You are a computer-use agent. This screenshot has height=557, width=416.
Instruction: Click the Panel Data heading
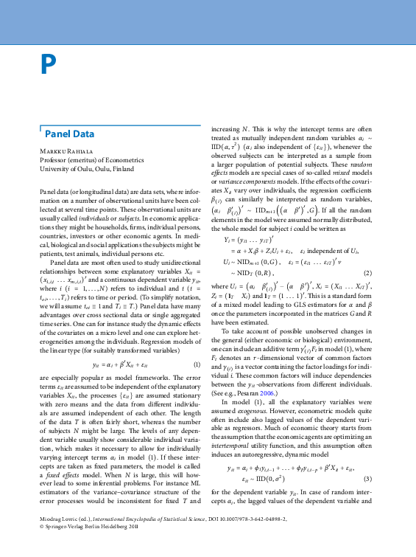pos(70,134)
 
